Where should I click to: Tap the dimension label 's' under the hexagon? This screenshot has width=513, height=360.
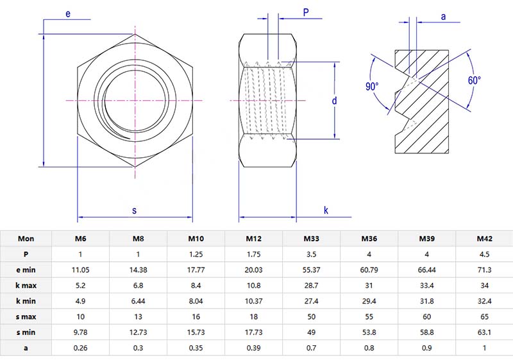point(134,210)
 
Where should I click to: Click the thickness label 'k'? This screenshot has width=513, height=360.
point(326,210)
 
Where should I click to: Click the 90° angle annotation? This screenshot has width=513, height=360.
point(373,86)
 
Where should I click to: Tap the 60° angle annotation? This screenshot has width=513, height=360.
point(474,81)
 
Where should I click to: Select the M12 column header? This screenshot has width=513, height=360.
point(253,239)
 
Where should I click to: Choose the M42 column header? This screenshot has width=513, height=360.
point(484,239)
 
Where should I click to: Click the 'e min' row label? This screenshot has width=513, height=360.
point(26,270)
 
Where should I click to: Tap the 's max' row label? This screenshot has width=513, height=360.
point(26,316)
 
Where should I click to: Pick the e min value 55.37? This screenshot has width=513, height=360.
point(311,270)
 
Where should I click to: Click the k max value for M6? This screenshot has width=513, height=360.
point(81,285)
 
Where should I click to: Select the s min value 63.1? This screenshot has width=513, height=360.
point(484,332)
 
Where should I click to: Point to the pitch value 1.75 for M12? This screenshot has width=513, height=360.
point(253,254)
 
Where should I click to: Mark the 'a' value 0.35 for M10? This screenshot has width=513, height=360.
point(196,347)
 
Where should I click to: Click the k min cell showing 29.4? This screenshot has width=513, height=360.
point(369,301)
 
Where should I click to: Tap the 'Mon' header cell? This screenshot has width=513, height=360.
point(26,239)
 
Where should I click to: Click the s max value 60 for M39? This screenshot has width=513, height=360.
point(426,316)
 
